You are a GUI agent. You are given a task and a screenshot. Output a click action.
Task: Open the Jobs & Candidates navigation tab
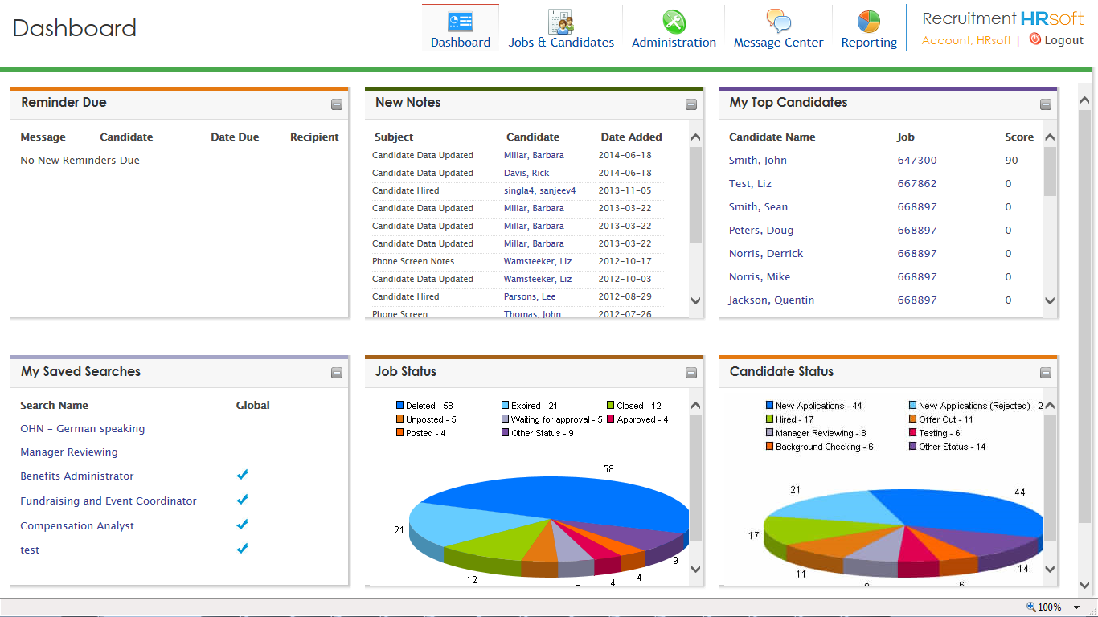561,29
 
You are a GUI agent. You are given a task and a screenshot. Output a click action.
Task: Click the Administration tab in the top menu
674,29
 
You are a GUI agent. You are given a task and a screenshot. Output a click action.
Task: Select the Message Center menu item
778,29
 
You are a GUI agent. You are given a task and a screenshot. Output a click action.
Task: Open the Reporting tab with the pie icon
868,29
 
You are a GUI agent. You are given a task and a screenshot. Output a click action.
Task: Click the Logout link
1063,40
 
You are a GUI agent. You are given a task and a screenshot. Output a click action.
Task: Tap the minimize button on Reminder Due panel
337,104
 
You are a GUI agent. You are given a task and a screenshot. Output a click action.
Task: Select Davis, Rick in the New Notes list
526,173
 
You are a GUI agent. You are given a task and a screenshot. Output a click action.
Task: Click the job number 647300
917,161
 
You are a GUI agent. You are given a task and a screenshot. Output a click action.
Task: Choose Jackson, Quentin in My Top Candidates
771,300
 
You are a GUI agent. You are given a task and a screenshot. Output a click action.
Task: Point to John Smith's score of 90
1011,161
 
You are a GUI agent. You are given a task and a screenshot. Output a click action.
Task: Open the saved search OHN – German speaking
83,429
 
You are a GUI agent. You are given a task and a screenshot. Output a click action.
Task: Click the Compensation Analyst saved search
77,526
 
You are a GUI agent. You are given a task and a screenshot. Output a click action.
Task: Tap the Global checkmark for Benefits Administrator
242,475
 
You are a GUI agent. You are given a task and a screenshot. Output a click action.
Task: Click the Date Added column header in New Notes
631,137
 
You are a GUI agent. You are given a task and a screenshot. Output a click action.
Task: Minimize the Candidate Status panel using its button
1045,373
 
